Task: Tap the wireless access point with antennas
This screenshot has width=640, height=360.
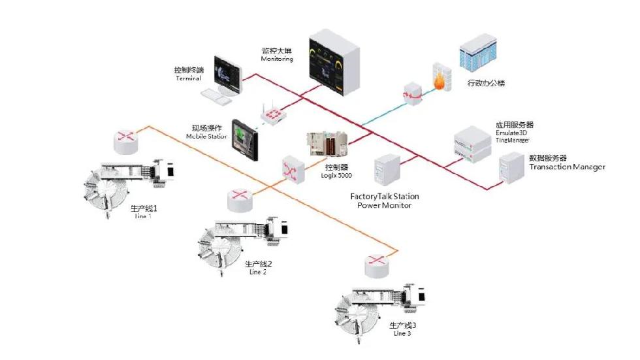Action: (x=275, y=115)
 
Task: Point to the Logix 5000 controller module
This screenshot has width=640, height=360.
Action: (x=330, y=144)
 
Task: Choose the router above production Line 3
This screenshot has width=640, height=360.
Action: (x=378, y=265)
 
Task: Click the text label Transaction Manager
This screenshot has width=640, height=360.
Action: (x=567, y=167)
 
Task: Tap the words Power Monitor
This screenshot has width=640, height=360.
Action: (x=384, y=205)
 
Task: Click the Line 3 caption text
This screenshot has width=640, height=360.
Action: (x=402, y=334)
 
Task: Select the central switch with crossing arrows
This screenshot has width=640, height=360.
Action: (x=292, y=169)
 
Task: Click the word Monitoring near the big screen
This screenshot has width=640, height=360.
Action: (x=277, y=59)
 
